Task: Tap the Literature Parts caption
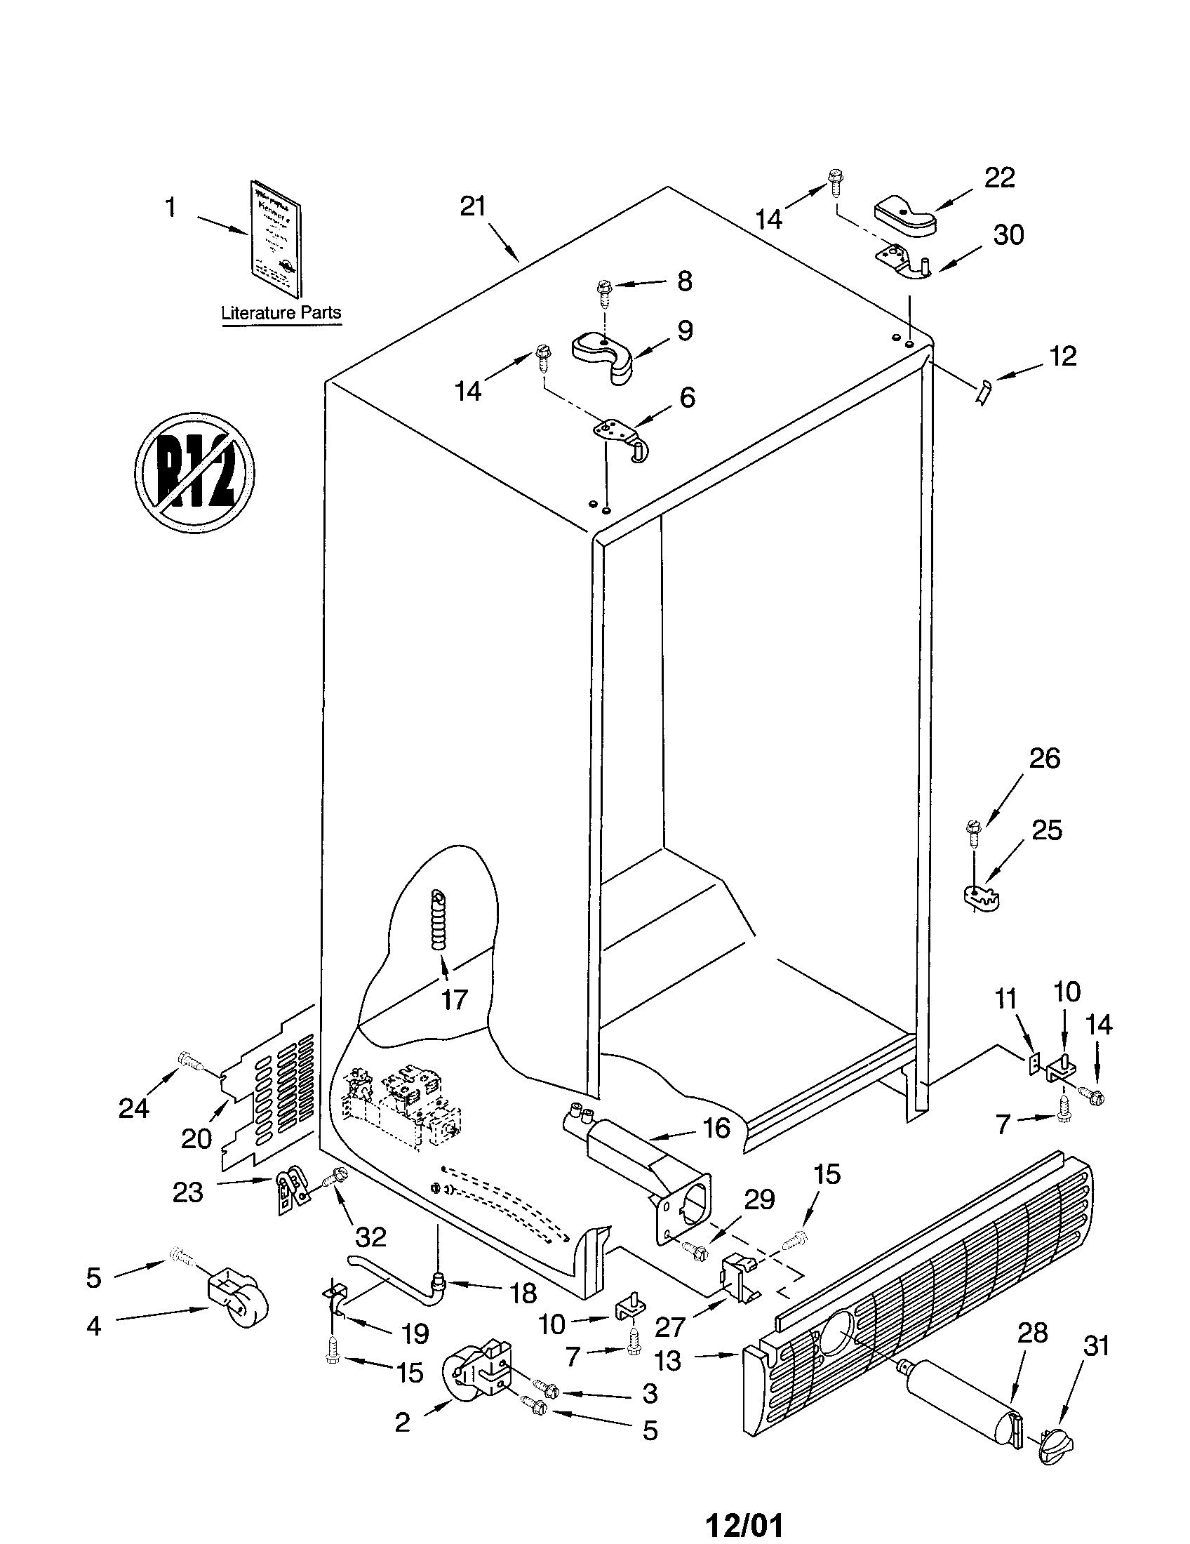pos(281,312)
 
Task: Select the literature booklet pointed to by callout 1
pos(276,239)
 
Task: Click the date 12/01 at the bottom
pos(746,1526)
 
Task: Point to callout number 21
pos(473,206)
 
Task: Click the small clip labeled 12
pos(983,392)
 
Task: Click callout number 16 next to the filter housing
pos(716,1128)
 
